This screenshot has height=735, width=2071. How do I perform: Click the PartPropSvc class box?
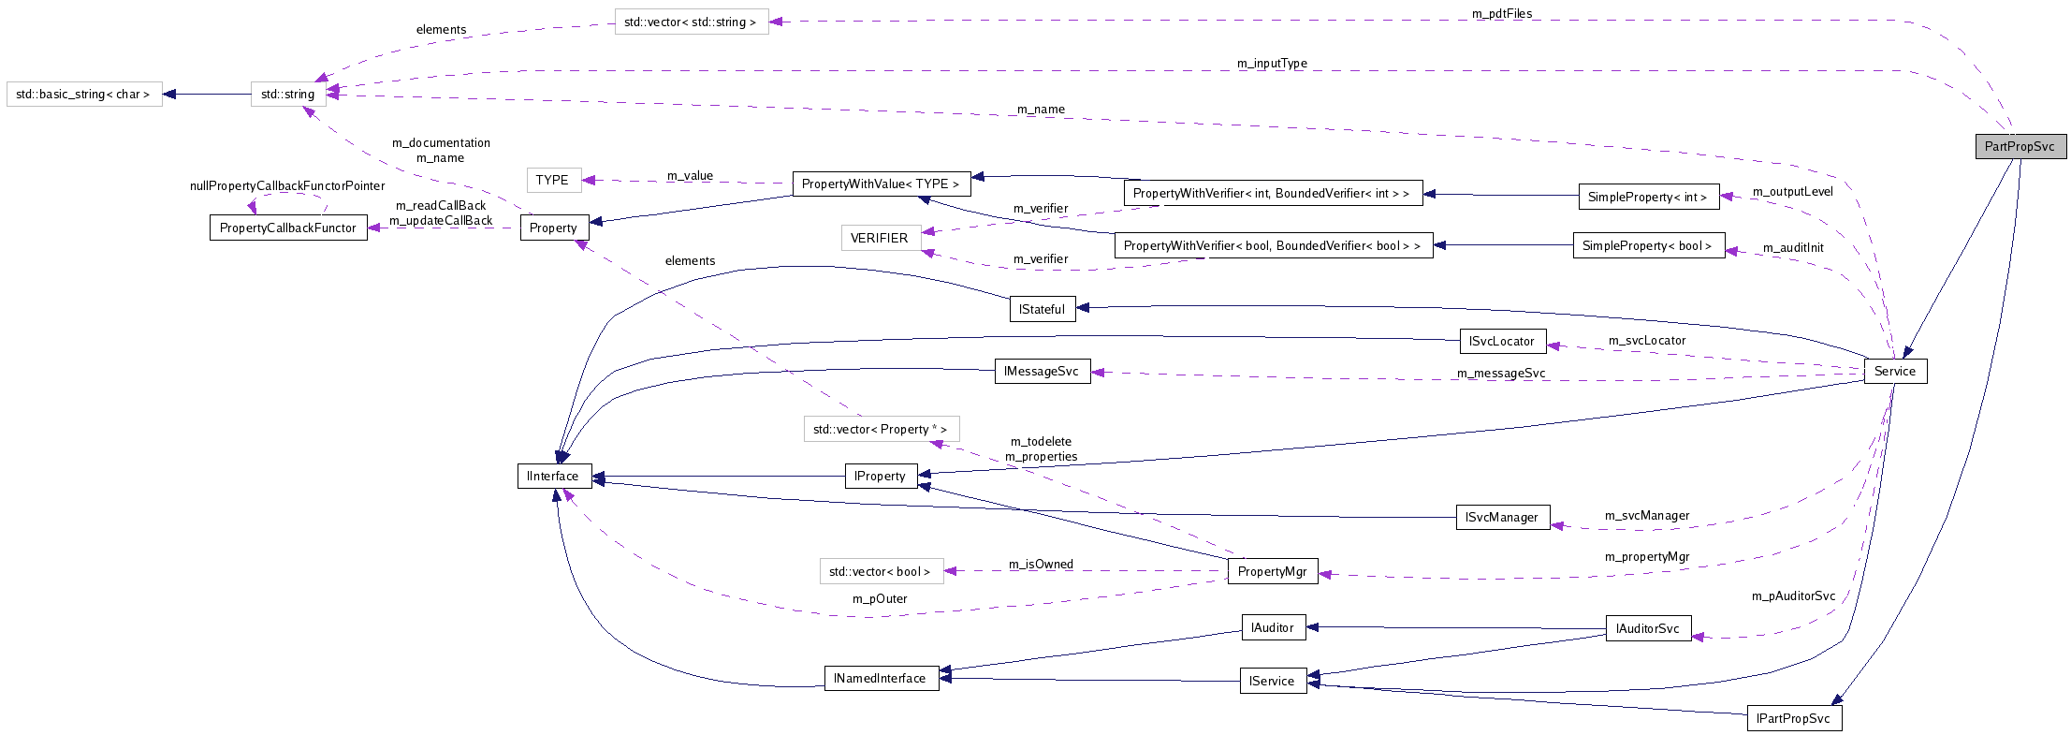point(2020,147)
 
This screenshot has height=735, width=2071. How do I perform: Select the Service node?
point(1895,372)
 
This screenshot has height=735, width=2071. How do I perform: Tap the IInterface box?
point(553,477)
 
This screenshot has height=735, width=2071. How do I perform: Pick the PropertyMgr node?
point(1272,572)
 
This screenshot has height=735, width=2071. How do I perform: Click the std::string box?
point(287,95)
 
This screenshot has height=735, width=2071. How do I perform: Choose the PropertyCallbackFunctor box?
point(287,228)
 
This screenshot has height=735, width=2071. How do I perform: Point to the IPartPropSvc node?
point(1793,719)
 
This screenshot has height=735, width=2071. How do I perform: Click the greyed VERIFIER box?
point(879,239)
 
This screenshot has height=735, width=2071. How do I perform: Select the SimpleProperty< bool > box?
point(1647,246)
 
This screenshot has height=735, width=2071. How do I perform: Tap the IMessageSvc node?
point(1041,372)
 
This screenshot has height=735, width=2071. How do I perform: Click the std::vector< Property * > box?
point(880,430)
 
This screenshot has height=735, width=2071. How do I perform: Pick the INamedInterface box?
point(880,679)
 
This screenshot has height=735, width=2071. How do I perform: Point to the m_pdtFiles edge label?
point(1501,14)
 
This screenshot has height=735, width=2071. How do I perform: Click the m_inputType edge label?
point(1272,64)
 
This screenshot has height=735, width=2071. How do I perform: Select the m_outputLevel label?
point(1792,192)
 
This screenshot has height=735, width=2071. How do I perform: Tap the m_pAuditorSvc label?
point(1793,596)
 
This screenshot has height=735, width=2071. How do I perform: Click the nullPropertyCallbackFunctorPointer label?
point(287,186)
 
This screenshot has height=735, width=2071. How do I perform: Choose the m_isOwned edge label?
point(1041,565)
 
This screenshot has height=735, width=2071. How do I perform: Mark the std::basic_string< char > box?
point(83,95)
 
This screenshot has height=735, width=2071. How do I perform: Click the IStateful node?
point(1042,310)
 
